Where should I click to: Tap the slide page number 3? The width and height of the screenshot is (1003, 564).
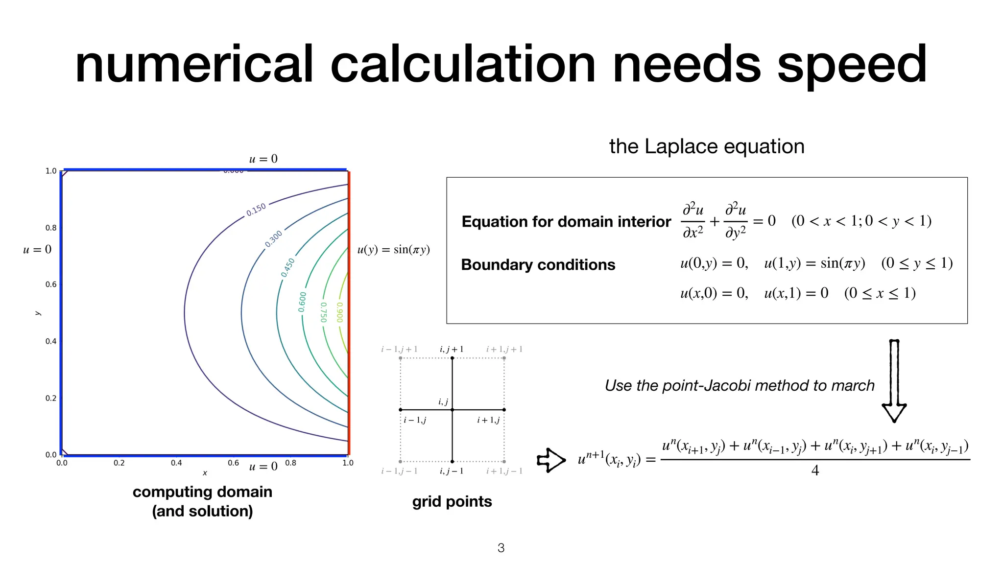click(x=501, y=548)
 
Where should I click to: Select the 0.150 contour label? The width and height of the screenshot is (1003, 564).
click(x=256, y=210)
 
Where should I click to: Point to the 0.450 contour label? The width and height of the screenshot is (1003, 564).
click(x=288, y=268)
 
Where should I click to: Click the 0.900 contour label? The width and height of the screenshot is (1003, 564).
click(x=339, y=312)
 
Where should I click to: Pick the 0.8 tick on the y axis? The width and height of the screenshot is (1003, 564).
click(x=51, y=228)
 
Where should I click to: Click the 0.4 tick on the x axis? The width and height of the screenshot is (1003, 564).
click(x=176, y=463)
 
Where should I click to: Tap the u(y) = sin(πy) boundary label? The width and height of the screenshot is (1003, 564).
click(x=393, y=250)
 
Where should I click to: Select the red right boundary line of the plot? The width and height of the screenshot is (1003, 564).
click(x=349, y=313)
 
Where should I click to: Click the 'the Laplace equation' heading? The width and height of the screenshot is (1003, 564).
click(x=706, y=146)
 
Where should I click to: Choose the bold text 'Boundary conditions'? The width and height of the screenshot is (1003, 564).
click(x=538, y=265)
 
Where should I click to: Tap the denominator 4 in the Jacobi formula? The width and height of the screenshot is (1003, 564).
click(x=815, y=470)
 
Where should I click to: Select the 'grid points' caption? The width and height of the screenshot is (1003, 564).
click(x=452, y=501)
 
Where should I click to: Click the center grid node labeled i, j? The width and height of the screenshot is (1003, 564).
click(x=452, y=410)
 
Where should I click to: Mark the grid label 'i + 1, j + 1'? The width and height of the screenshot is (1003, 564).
click(x=504, y=350)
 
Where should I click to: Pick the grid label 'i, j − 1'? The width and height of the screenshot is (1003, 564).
click(x=451, y=471)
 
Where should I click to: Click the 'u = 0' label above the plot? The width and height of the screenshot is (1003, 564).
click(x=263, y=159)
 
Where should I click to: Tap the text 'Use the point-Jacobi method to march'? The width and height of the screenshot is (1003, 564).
click(x=739, y=386)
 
